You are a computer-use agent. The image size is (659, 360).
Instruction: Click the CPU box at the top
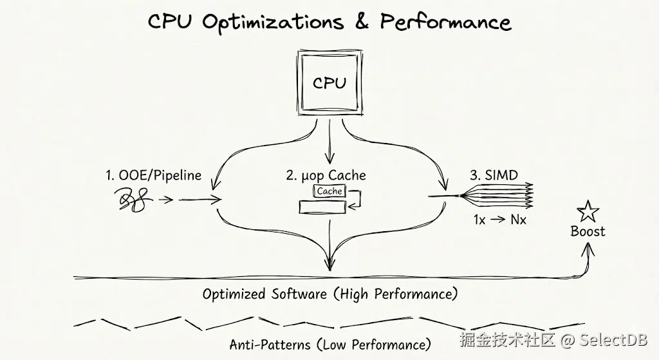pyautogui.click(x=329, y=83)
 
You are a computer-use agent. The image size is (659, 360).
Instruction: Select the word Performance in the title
pyautogui.click(x=445, y=22)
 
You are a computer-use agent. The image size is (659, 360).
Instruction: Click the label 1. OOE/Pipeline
pyautogui.click(x=153, y=175)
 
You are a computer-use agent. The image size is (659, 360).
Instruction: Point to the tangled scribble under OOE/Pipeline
pyautogui.click(x=133, y=200)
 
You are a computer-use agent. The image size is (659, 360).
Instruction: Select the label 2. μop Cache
pyautogui.click(x=326, y=175)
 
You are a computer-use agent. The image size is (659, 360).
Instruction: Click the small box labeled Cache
pyautogui.click(x=329, y=191)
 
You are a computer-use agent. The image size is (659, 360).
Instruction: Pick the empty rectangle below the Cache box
pyautogui.click(x=322, y=207)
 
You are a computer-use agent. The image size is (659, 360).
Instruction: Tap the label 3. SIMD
pyautogui.click(x=494, y=175)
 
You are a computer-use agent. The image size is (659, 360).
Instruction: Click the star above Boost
pyautogui.click(x=587, y=211)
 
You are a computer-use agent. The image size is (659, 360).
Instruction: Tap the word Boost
pyautogui.click(x=588, y=231)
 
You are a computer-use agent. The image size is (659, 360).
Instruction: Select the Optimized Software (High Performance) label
pyautogui.click(x=329, y=294)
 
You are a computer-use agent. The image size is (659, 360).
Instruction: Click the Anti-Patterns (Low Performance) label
pyautogui.click(x=329, y=345)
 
